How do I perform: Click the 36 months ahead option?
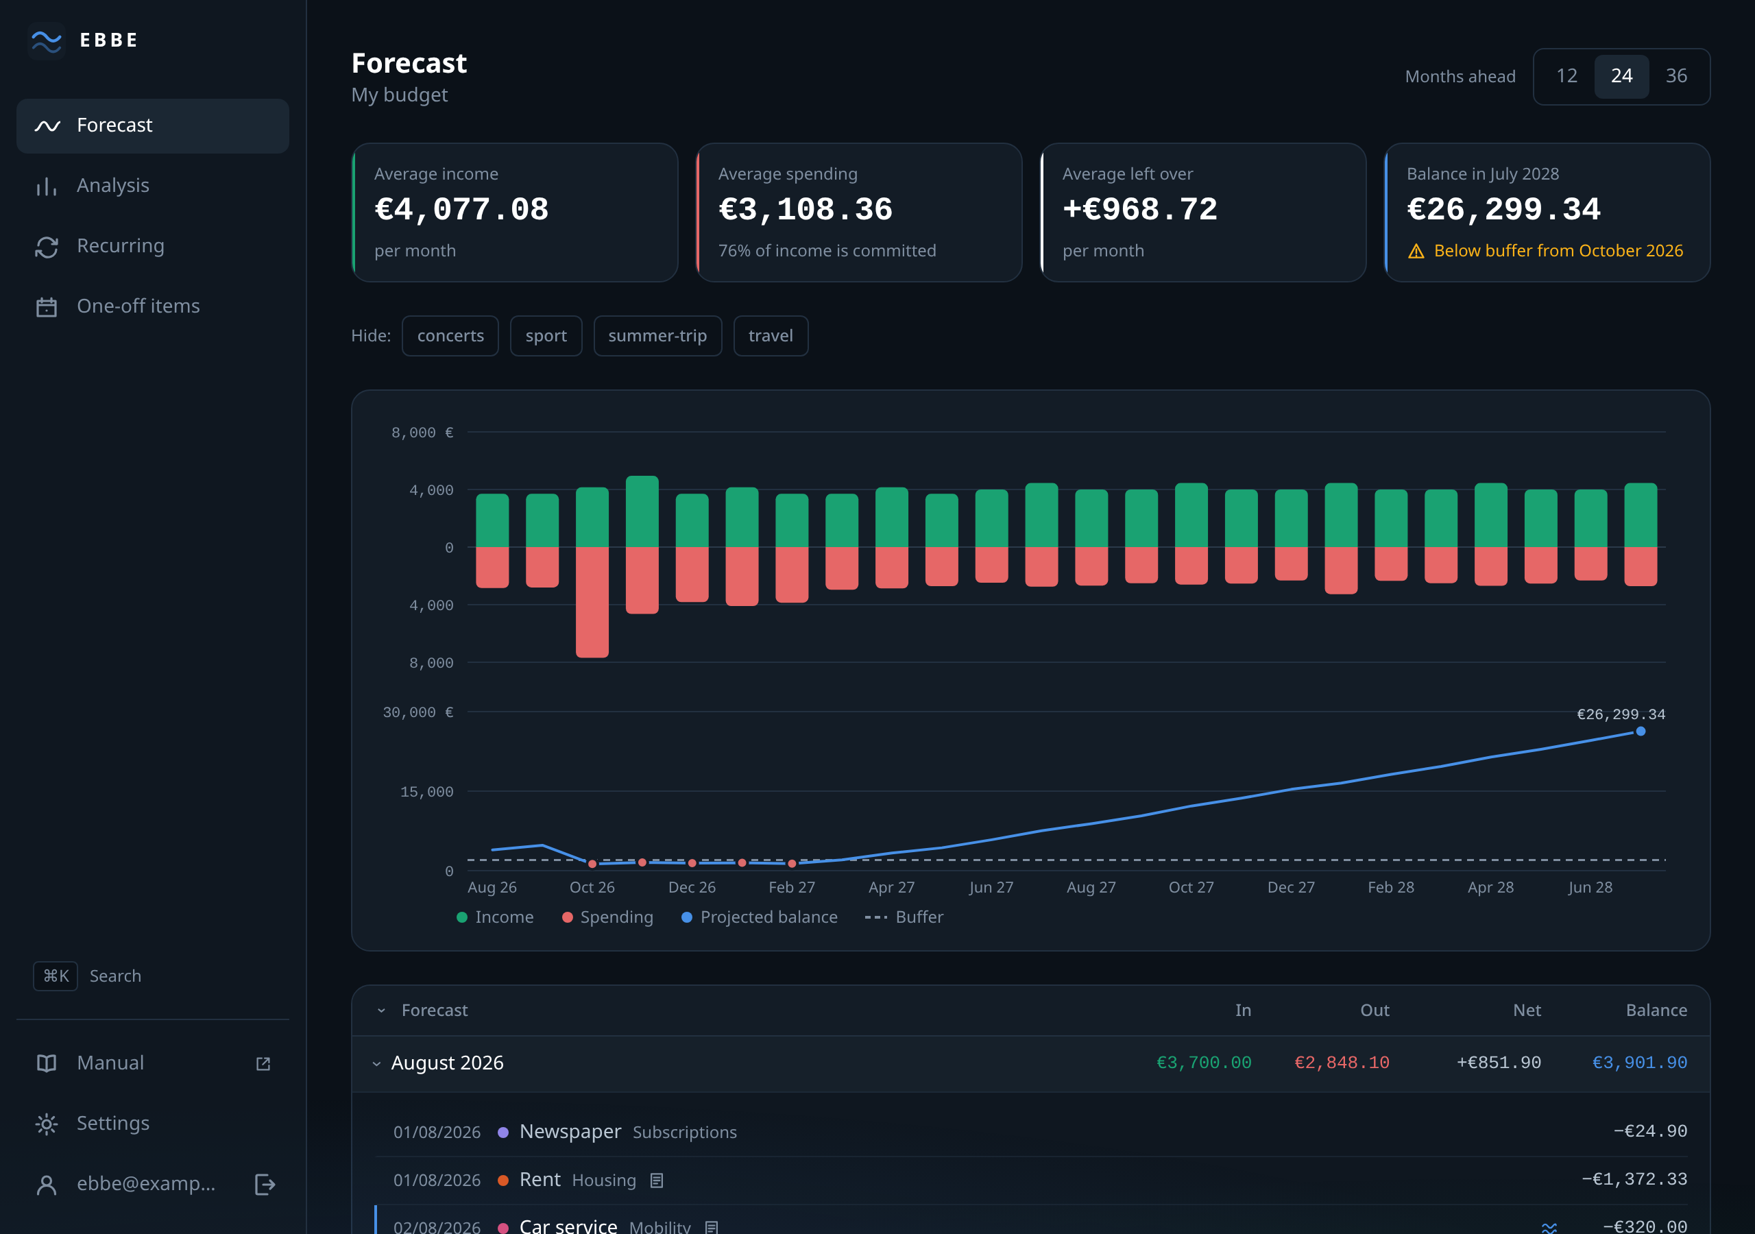[x=1676, y=75]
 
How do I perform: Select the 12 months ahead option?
[x=1567, y=75]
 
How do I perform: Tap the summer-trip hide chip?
[x=657, y=336]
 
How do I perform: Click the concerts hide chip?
[x=450, y=336]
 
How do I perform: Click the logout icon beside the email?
[x=265, y=1185]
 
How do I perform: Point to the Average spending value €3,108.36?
[x=805, y=210]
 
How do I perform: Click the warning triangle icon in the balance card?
[x=1416, y=252]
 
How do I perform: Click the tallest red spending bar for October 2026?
[x=592, y=602]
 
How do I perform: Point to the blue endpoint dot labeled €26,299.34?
[x=1641, y=731]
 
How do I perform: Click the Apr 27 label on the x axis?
[x=891, y=888]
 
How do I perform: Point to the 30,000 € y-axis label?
[x=418, y=712]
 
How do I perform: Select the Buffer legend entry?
[x=904, y=917]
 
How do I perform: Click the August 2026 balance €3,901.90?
[x=1639, y=1063]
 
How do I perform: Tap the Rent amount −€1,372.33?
[x=1634, y=1180]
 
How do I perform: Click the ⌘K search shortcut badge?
[x=56, y=976]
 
